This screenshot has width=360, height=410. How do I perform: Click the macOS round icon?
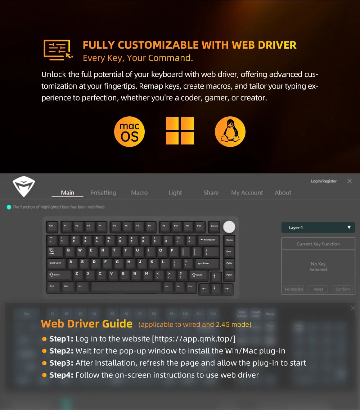click(129, 132)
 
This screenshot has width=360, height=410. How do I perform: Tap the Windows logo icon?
click(180, 131)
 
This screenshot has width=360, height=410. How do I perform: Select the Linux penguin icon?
click(230, 132)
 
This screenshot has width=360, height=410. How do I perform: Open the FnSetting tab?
click(103, 193)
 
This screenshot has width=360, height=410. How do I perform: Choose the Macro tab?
click(139, 193)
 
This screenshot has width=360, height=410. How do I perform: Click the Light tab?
click(175, 193)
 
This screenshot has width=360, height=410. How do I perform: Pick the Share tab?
click(211, 193)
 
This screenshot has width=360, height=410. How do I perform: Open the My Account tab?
click(247, 193)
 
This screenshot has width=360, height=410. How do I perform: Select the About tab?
click(283, 193)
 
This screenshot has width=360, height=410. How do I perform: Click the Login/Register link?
click(324, 181)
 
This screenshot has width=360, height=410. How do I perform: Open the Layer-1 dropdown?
click(318, 228)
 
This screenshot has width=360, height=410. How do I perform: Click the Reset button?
click(318, 289)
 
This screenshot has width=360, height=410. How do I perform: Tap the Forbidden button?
click(294, 289)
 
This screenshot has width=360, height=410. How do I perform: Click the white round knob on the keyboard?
click(229, 227)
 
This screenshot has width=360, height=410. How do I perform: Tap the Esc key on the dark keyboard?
click(51, 226)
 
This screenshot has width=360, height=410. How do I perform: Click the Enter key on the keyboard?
click(204, 263)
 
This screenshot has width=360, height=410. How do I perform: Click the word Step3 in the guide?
click(61, 363)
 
